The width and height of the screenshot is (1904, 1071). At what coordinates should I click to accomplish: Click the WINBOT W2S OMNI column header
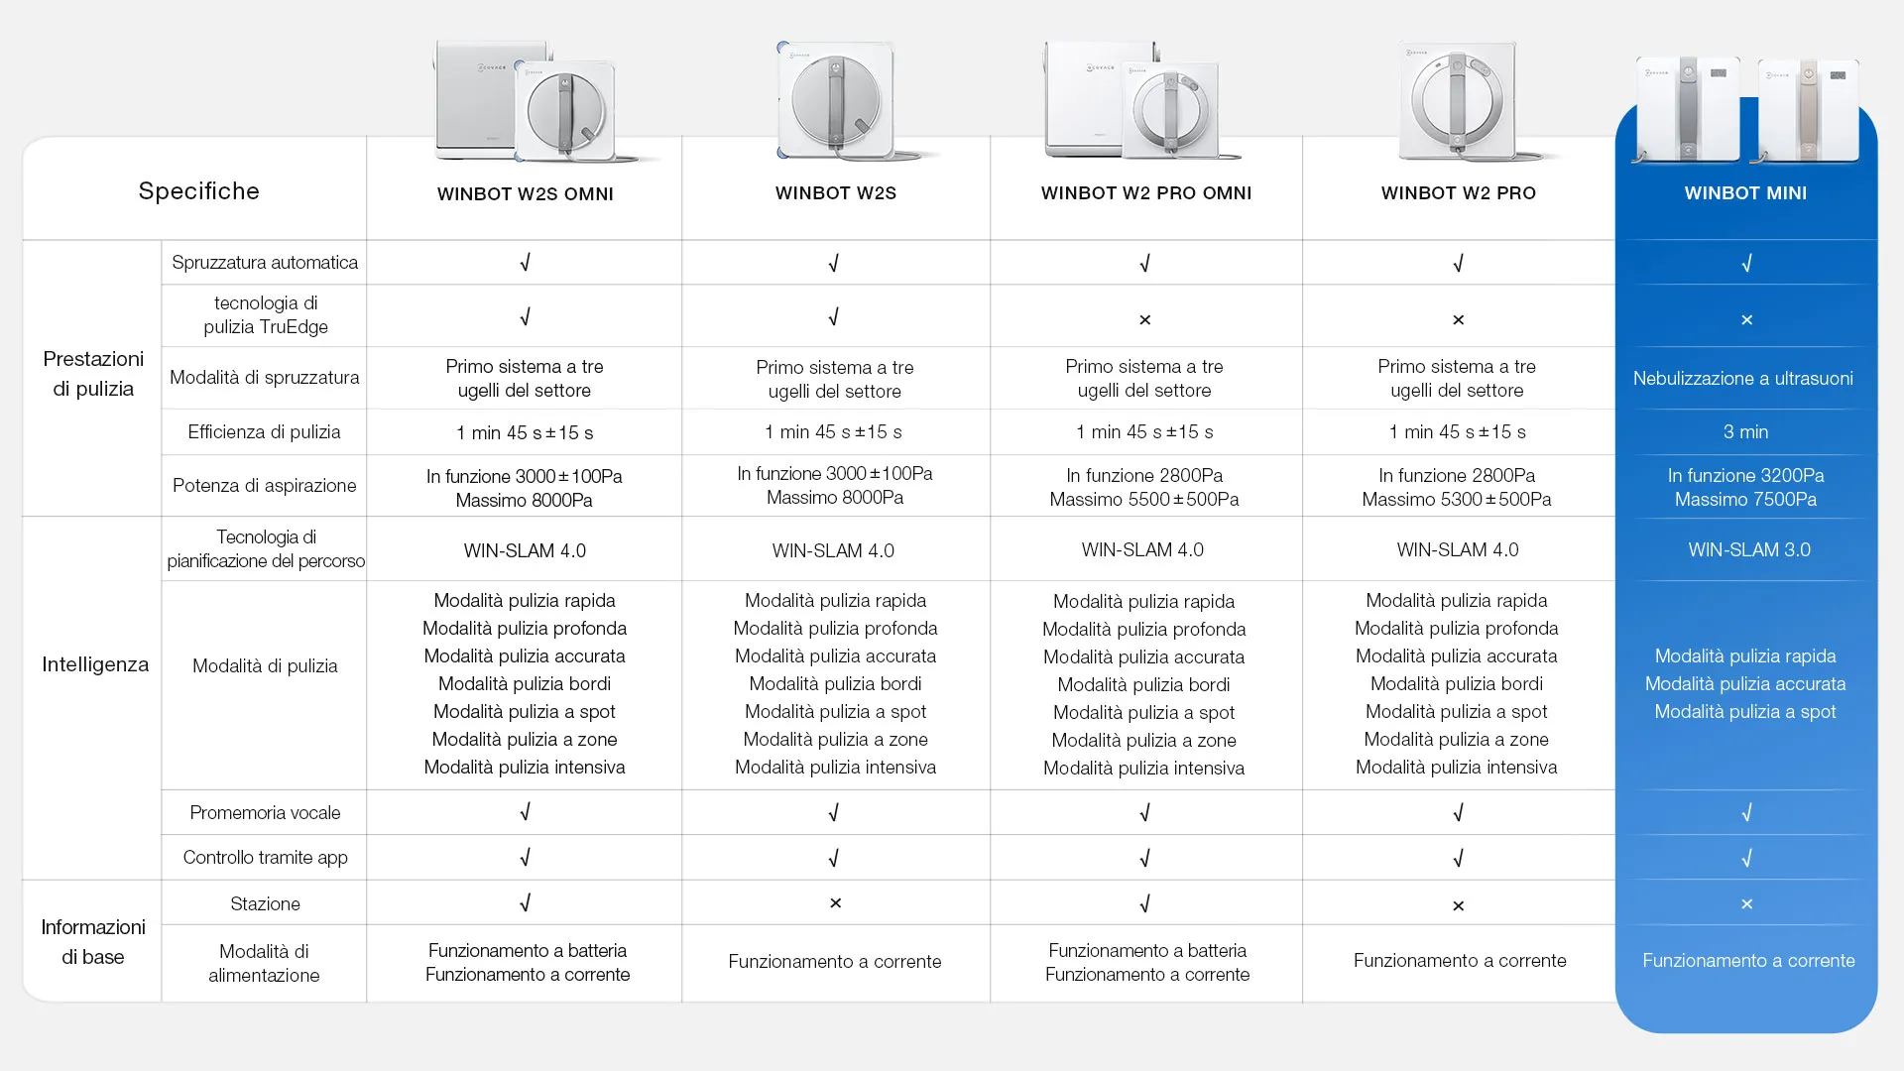525,194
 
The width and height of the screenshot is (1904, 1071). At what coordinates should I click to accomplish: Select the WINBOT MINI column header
1744,193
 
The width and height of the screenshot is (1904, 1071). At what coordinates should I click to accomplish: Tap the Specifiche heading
198,191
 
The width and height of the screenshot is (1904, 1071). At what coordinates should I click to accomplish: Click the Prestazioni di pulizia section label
93,374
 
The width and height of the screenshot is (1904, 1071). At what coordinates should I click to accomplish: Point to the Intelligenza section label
95,664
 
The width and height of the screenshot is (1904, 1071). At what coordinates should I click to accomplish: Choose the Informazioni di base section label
93,941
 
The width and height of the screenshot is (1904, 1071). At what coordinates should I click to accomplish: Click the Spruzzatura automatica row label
264,263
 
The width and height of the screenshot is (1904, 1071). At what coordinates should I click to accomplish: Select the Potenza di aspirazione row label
264,485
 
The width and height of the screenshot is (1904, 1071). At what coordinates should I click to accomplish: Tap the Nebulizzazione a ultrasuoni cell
1742,378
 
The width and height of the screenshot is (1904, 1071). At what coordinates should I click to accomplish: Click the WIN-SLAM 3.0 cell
1748,549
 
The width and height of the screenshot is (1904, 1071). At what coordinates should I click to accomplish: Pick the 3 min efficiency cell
1745,431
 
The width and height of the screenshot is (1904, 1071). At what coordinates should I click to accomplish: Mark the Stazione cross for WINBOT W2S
835,903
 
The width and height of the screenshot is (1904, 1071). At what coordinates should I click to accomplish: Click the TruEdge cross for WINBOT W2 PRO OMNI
1144,319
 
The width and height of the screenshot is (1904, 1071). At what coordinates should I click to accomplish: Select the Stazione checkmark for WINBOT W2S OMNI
525,903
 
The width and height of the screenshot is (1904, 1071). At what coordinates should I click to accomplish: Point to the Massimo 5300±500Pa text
1456,499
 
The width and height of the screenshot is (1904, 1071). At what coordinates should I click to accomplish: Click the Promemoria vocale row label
264,812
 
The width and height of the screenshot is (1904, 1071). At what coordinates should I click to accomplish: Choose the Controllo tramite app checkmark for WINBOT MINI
1746,858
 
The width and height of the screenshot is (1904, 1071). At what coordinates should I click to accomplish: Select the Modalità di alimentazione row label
264,963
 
